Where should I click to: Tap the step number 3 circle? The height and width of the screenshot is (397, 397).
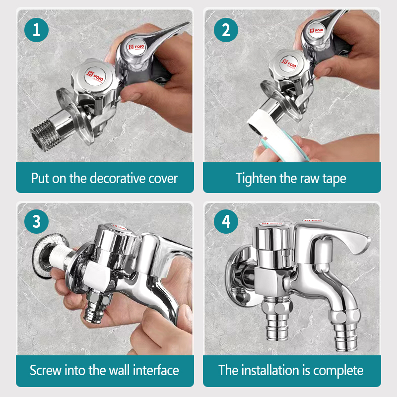click(36, 221)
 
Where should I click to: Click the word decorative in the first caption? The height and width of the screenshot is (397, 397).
click(114, 178)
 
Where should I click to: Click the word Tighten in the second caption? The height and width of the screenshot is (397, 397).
click(256, 178)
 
